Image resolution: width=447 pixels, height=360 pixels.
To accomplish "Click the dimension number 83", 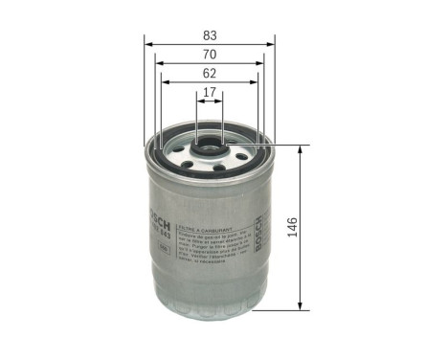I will (x=209, y=34).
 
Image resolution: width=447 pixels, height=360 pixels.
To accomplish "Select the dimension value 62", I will (x=209, y=74).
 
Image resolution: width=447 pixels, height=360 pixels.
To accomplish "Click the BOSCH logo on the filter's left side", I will (x=153, y=200).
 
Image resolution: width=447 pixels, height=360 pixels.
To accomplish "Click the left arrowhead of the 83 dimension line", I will (x=148, y=43).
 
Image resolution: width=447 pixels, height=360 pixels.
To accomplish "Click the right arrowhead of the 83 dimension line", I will (x=271, y=43).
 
